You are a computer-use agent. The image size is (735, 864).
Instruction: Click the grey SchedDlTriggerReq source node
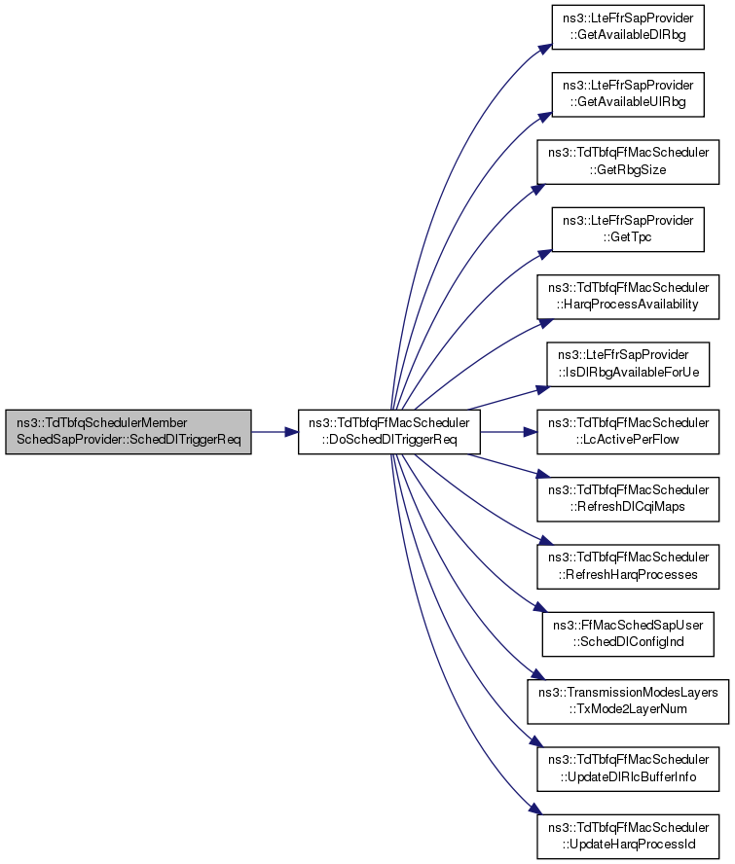tap(129, 432)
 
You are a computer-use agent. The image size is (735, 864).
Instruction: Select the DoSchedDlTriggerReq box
tap(389, 432)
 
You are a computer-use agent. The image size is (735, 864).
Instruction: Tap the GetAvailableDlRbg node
tap(628, 27)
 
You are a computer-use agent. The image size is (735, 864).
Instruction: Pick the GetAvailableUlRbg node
tap(628, 94)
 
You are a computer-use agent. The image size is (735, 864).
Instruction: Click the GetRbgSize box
tap(628, 162)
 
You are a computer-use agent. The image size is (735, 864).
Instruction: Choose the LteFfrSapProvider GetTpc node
tap(628, 230)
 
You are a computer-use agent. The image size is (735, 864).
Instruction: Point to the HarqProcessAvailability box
tap(628, 297)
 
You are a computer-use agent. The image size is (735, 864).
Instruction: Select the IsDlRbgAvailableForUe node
tap(628, 364)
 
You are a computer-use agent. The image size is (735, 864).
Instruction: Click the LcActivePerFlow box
tap(628, 432)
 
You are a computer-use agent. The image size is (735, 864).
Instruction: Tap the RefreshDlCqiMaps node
tap(628, 499)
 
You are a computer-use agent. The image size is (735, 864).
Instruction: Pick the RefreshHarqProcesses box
tap(628, 566)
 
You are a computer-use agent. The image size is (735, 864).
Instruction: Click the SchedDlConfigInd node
tap(628, 634)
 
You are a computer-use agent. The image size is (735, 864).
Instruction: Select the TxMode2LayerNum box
tap(628, 702)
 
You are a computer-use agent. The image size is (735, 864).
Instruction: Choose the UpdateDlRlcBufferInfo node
tap(628, 770)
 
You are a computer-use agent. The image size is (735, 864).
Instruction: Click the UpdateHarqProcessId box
tap(628, 837)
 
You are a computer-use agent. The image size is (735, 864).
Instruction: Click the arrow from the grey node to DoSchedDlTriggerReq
tap(275, 432)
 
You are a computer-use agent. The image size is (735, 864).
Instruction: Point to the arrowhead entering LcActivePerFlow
tap(531, 432)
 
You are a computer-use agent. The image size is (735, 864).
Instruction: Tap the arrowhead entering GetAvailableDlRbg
tap(545, 49)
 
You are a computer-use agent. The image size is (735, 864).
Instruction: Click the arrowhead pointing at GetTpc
tap(545, 254)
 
